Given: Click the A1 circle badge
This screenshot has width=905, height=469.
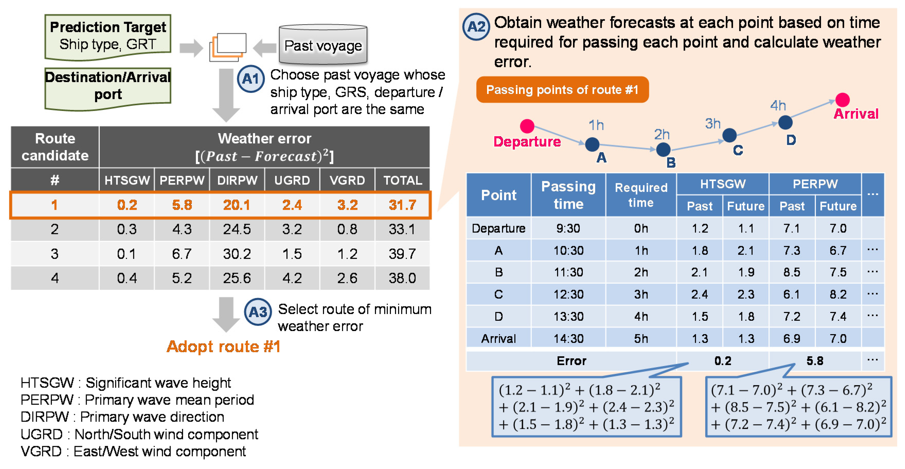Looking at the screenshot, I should pyautogui.click(x=250, y=79).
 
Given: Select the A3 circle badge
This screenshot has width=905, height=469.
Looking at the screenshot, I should pyautogui.click(x=258, y=312).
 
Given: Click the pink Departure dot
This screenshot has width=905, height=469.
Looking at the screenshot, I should pyautogui.click(x=527, y=126).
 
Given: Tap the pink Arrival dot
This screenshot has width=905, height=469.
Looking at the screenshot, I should pyautogui.click(x=842, y=100).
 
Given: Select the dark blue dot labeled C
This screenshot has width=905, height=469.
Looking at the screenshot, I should pyautogui.click(x=729, y=135).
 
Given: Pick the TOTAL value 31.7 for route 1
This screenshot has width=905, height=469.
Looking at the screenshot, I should pyautogui.click(x=402, y=205).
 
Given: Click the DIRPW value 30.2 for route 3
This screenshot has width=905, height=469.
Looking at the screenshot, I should pyautogui.click(x=237, y=254).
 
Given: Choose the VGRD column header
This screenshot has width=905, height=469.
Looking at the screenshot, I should pyautogui.click(x=347, y=180).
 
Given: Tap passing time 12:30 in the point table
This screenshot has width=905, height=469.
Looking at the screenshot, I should pyautogui.click(x=568, y=294).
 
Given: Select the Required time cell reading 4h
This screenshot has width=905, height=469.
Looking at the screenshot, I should pyautogui.click(x=641, y=316).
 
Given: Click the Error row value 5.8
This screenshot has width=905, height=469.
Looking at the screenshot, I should pyautogui.click(x=815, y=361).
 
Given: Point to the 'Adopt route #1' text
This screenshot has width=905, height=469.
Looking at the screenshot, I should pyautogui.click(x=223, y=347).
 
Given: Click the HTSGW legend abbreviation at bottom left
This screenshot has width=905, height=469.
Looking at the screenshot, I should pyautogui.click(x=47, y=383).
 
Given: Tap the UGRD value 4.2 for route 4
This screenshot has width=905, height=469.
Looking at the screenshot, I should pyautogui.click(x=292, y=278).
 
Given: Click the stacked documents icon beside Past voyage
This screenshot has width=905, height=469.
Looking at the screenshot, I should pyautogui.click(x=228, y=47).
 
